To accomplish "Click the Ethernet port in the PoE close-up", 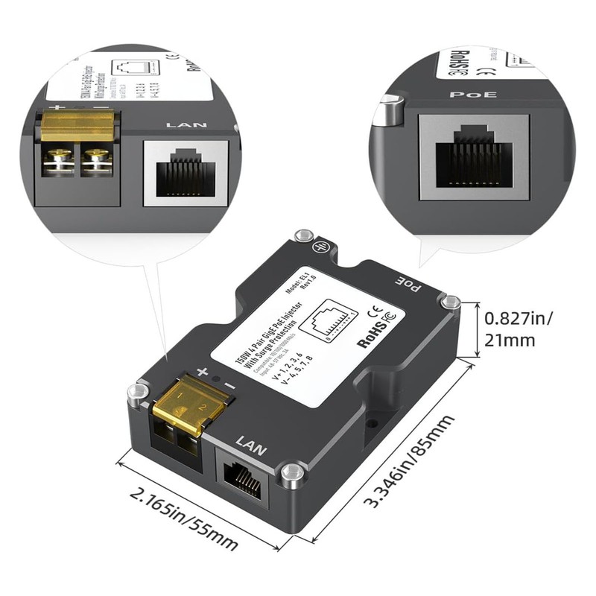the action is [475, 156].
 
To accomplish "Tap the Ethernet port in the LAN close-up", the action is [185, 172].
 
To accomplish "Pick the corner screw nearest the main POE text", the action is [450, 301].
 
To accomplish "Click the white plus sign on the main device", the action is [202, 371].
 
